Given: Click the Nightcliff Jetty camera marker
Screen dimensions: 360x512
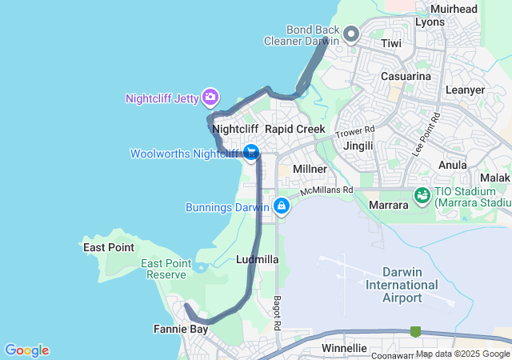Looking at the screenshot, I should [210, 98].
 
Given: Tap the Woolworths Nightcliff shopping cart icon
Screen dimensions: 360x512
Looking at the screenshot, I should [251, 152].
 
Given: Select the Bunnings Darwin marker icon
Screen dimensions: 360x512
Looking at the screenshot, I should [282, 206].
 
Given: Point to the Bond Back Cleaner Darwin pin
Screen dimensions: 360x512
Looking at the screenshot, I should [352, 34].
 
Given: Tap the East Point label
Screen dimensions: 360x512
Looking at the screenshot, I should [109, 247].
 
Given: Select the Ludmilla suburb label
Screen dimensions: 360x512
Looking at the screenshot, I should [258, 260].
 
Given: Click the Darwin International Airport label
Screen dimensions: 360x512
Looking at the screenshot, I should [402, 285].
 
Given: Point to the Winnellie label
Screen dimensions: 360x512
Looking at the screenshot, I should [344, 349].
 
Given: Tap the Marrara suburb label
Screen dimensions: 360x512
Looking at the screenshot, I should [390, 205].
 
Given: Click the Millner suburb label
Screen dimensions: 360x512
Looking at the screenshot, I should [310, 169].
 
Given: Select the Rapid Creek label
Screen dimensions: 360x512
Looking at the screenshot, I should [295, 129].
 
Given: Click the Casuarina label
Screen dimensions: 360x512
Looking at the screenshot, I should [406, 76].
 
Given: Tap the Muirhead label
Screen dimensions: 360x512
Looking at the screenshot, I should [454, 9].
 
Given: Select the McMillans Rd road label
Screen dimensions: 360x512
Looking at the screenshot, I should [326, 190].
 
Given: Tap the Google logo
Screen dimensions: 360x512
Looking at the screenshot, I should [26, 350].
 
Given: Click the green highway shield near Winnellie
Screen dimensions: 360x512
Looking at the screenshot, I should [415, 331].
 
